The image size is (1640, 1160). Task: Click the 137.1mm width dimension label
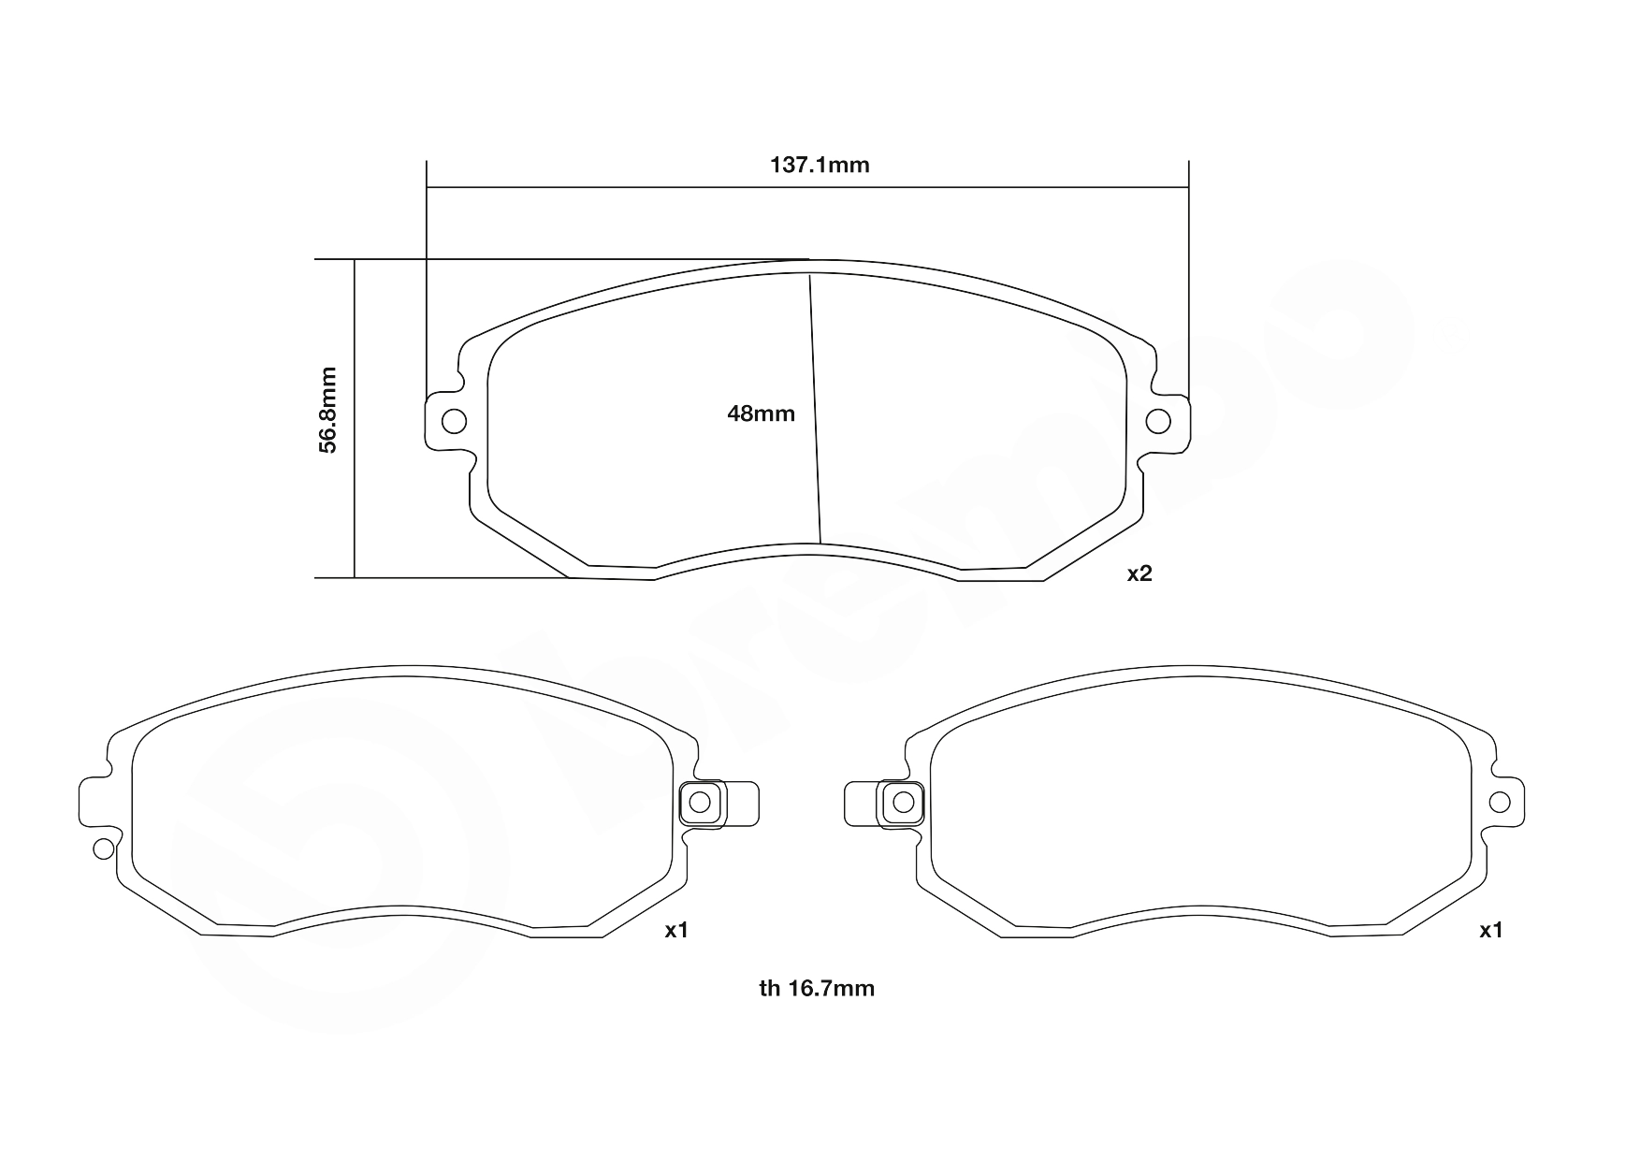click(820, 166)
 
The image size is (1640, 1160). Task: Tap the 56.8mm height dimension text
click(327, 410)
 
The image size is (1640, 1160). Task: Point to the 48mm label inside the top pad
click(761, 413)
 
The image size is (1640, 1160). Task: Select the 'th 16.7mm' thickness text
click(817, 988)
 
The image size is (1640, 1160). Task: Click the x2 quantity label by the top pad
click(1139, 574)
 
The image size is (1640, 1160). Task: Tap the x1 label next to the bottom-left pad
click(676, 930)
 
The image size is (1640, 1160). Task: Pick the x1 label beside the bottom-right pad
click(1490, 930)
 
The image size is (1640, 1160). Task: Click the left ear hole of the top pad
click(454, 421)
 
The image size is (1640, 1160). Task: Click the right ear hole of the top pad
click(1158, 421)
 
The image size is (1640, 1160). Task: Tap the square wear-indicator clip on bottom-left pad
click(701, 802)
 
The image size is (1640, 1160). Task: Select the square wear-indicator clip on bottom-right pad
click(903, 802)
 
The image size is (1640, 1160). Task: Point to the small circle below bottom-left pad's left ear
click(104, 848)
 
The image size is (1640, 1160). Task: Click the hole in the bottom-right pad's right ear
click(1499, 802)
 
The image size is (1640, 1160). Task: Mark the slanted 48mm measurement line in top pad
click(815, 412)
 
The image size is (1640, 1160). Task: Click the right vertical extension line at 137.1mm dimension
click(1188, 281)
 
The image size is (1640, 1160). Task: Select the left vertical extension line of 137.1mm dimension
click(427, 281)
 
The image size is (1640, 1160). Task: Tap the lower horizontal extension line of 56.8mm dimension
click(440, 578)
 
